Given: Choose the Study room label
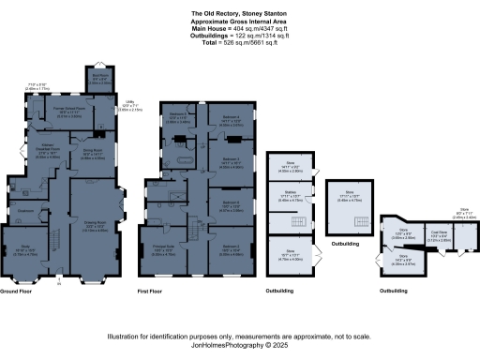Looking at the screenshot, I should point(31,250).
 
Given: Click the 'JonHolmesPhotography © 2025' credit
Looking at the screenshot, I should point(240,345).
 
